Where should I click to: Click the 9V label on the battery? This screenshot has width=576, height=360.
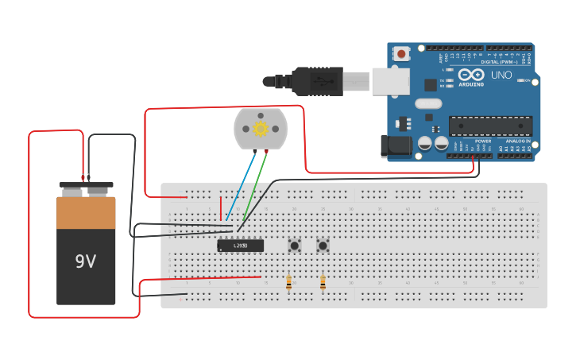tap(86, 261)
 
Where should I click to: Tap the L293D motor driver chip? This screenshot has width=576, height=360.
tap(240, 246)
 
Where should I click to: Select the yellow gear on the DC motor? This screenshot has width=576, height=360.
tap(260, 127)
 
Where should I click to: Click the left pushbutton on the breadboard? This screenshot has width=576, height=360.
tap(295, 246)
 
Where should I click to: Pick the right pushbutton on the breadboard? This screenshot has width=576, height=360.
tap(323, 246)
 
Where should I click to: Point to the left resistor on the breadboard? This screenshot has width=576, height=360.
tap(288, 282)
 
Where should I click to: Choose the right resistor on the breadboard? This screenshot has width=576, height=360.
tap(323, 282)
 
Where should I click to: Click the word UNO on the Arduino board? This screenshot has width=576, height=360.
tap(501, 75)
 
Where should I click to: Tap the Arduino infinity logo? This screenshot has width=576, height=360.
tap(470, 74)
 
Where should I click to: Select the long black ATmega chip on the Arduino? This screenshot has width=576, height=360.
tap(490, 126)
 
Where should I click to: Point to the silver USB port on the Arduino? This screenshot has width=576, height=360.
tap(391, 81)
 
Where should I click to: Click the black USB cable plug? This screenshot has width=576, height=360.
tap(317, 81)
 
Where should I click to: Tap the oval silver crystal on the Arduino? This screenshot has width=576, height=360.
tap(427, 103)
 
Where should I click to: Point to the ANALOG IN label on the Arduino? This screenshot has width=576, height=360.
tap(518, 141)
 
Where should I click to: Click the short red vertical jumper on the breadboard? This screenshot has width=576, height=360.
tap(221, 207)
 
